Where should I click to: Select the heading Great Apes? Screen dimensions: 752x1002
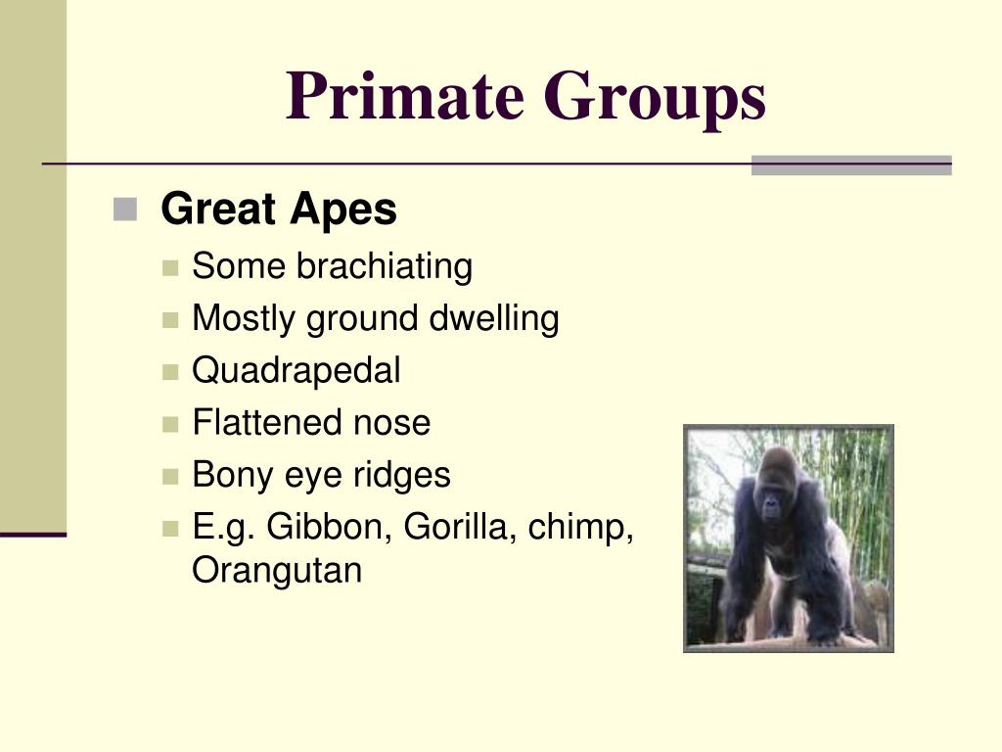(x=279, y=210)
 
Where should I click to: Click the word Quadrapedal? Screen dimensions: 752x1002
(x=296, y=370)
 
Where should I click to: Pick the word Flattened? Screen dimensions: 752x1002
(x=255, y=423)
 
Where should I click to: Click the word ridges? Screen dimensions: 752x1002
(x=403, y=475)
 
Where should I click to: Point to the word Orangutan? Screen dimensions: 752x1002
(x=277, y=570)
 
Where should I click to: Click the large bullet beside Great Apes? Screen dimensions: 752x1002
(x=124, y=209)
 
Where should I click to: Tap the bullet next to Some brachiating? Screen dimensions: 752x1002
(x=171, y=267)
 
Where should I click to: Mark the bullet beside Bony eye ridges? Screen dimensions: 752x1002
(x=171, y=477)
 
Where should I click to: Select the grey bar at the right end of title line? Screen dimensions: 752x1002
(x=850, y=164)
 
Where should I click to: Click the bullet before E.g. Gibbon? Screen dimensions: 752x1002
(x=171, y=529)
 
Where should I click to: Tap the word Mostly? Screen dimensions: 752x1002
(x=245, y=318)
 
